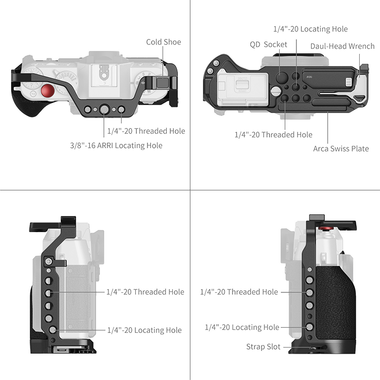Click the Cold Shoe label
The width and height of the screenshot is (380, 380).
click(164, 42)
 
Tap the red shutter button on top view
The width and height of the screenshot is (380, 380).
click(48, 91)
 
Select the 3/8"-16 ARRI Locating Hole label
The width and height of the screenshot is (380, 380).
click(116, 145)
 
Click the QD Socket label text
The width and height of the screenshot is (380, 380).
click(268, 45)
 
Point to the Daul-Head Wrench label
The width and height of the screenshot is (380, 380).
click(343, 46)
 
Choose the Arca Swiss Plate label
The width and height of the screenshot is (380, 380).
click(341, 148)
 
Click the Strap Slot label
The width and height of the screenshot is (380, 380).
click(263, 347)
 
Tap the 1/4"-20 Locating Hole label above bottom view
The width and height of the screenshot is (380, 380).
click(311, 29)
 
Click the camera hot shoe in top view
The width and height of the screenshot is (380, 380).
click(104, 74)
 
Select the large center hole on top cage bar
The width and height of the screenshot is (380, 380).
click(104, 109)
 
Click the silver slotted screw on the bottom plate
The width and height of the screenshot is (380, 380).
click(276, 91)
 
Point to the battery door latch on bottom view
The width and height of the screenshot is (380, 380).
click(242, 84)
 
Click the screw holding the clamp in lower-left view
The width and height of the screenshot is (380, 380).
click(49, 261)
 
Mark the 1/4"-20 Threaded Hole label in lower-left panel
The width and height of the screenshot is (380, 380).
click(145, 292)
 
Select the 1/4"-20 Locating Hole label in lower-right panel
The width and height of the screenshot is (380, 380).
click(242, 327)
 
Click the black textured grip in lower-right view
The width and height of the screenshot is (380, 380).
click(335, 306)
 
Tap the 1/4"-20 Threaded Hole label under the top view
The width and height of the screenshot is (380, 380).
click(146, 131)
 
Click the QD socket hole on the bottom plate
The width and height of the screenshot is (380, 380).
click(282, 77)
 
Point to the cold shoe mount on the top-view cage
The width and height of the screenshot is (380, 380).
click(163, 83)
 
